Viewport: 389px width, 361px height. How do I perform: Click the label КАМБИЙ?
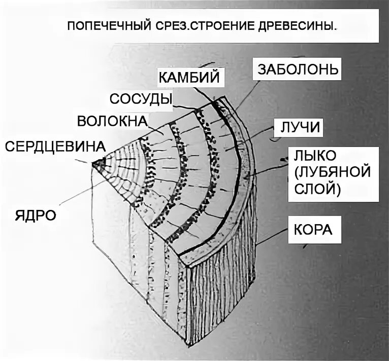point(188,78)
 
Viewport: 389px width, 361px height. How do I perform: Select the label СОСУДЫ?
point(140,98)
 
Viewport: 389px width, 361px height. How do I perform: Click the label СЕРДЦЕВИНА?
point(55,146)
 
